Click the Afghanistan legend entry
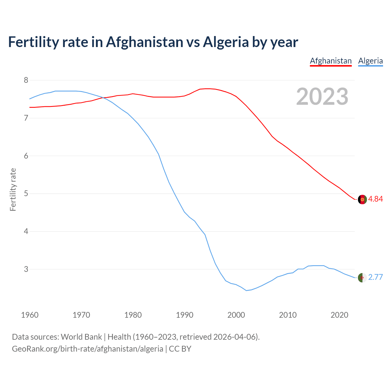pos(331,61)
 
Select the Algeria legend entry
pos(370,61)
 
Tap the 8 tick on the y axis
pos(26,80)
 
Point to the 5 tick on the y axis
pos(26,194)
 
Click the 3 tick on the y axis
pos(26,269)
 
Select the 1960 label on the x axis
pos(30,315)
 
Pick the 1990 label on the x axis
pos(185,315)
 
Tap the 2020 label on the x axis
pos(339,315)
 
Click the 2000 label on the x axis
pos(236,315)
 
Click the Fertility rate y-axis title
pos(13,189)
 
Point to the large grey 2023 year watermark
pos(322,97)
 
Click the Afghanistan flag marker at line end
pos(362,199)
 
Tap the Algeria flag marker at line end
pos(362,278)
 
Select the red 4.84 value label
pos(375,199)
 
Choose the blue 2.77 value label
pos(375,277)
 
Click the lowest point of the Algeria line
pos(247,291)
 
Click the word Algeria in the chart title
pos(226,42)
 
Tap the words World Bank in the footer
pos(81,337)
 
